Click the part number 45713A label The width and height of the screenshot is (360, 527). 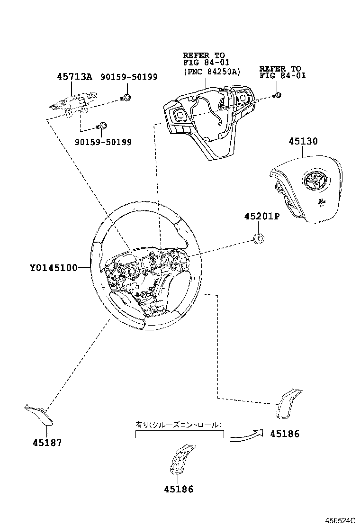(x=74, y=77)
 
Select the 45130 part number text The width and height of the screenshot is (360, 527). (x=303, y=141)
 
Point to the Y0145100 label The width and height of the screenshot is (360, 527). (x=54, y=268)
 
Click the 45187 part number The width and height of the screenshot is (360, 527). (x=47, y=443)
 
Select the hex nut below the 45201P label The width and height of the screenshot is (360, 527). (x=259, y=238)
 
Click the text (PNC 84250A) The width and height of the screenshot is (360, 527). (x=212, y=73)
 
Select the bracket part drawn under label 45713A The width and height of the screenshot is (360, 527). (x=75, y=104)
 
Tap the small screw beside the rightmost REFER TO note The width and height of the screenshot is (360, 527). (x=278, y=95)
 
